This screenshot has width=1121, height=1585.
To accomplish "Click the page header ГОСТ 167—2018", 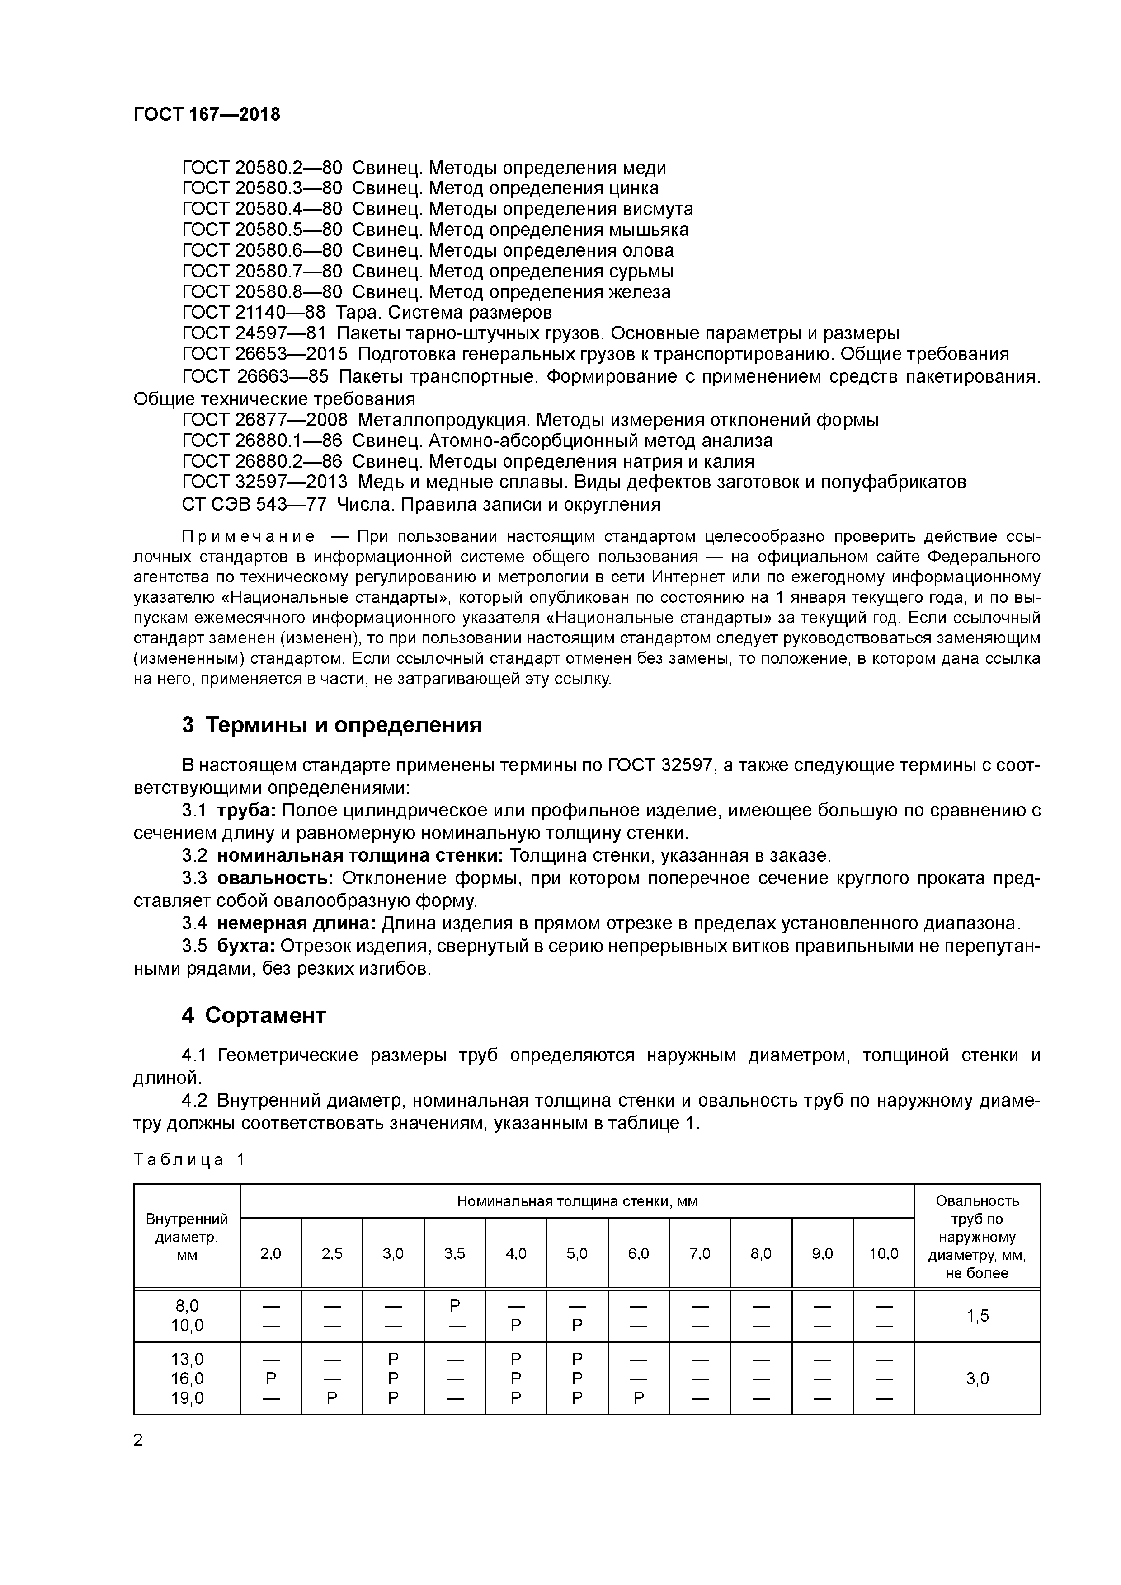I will [x=207, y=115].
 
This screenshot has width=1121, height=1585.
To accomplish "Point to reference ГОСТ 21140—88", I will [x=254, y=313].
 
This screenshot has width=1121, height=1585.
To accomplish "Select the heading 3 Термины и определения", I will [x=331, y=726].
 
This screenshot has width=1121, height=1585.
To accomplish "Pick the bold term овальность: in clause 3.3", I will [x=275, y=879].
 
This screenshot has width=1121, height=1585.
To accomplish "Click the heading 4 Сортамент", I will [x=254, y=1016].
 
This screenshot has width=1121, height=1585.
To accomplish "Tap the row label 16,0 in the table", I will [x=187, y=1379].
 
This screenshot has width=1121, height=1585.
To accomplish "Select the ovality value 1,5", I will [x=977, y=1316].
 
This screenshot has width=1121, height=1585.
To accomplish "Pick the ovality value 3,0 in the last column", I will [x=977, y=1379].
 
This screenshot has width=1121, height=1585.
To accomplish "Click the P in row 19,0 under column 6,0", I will [x=638, y=1398].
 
